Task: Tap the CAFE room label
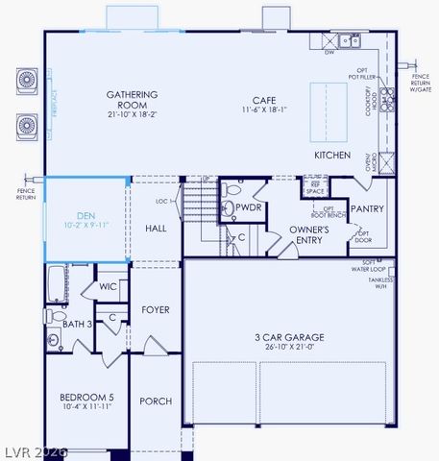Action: click(264, 100)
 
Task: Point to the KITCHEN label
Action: click(331, 155)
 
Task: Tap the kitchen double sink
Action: click(349, 41)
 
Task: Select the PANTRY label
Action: click(367, 208)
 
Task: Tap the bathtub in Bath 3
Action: click(55, 285)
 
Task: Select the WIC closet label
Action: click(108, 286)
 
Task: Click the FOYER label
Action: click(156, 310)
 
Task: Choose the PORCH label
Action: click(156, 400)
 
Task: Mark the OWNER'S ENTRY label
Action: click(309, 235)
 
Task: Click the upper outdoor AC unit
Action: click(27, 81)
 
